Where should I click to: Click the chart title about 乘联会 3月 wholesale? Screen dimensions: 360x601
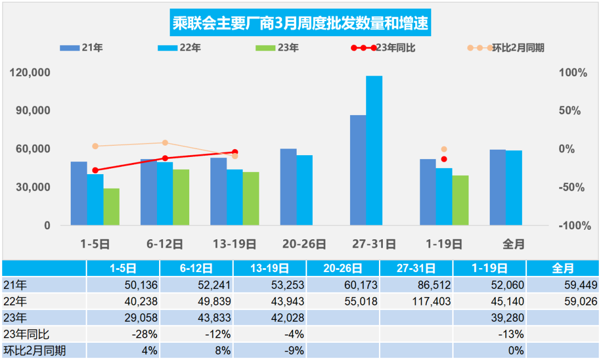[x=300, y=24]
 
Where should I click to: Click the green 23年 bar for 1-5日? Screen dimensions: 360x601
[x=111, y=206]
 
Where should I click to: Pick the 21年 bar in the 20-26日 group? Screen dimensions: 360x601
[x=288, y=187]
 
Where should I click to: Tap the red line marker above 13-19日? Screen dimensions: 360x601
[x=235, y=152]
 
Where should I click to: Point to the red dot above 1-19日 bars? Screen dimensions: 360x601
[x=444, y=159]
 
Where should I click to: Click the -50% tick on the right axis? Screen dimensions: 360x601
[x=573, y=188]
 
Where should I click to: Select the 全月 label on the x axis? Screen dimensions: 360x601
[x=513, y=244]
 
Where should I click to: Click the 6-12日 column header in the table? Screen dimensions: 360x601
[x=196, y=268]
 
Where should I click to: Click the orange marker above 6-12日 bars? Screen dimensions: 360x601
[x=165, y=143]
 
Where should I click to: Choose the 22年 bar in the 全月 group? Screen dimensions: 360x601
[x=514, y=188]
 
